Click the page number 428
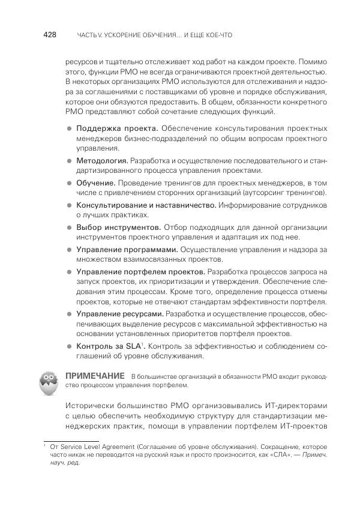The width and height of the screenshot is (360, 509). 49,35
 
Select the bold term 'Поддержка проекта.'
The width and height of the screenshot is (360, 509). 116,128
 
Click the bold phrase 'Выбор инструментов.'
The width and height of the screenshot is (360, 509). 118,227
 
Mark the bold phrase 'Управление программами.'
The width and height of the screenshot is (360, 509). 127,248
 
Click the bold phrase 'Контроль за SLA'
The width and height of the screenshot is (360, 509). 107,346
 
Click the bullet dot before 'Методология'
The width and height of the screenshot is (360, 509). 69,161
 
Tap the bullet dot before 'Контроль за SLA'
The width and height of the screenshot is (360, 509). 69,347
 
